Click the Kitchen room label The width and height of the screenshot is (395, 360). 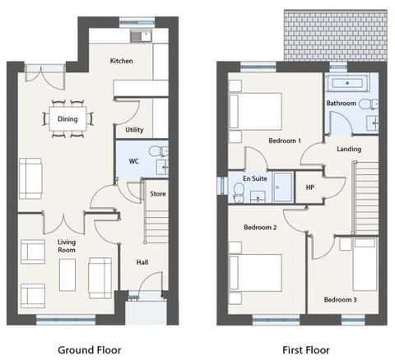(121, 61)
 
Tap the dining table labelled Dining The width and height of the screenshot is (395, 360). (67, 119)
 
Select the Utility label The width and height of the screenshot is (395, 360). (134, 130)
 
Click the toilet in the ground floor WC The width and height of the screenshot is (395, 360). (159, 151)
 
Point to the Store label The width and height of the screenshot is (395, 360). (158, 194)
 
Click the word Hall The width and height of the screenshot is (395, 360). (142, 262)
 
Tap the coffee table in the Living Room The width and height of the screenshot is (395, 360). (67, 275)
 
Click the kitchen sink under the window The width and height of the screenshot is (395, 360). (141, 36)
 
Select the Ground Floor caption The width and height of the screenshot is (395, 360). (90, 350)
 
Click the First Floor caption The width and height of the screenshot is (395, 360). (306, 350)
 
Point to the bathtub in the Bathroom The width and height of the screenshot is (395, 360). (347, 83)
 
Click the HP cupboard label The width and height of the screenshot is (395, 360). (310, 187)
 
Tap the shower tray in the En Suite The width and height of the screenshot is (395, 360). (283, 187)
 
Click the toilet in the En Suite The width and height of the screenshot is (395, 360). (239, 193)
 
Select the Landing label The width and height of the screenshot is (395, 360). (349, 149)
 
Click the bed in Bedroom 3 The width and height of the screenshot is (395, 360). (365, 264)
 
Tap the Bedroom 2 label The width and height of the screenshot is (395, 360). (260, 228)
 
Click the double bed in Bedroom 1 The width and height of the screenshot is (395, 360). (256, 111)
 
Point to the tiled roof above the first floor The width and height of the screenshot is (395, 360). (336, 35)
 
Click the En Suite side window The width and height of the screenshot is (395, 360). (222, 186)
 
